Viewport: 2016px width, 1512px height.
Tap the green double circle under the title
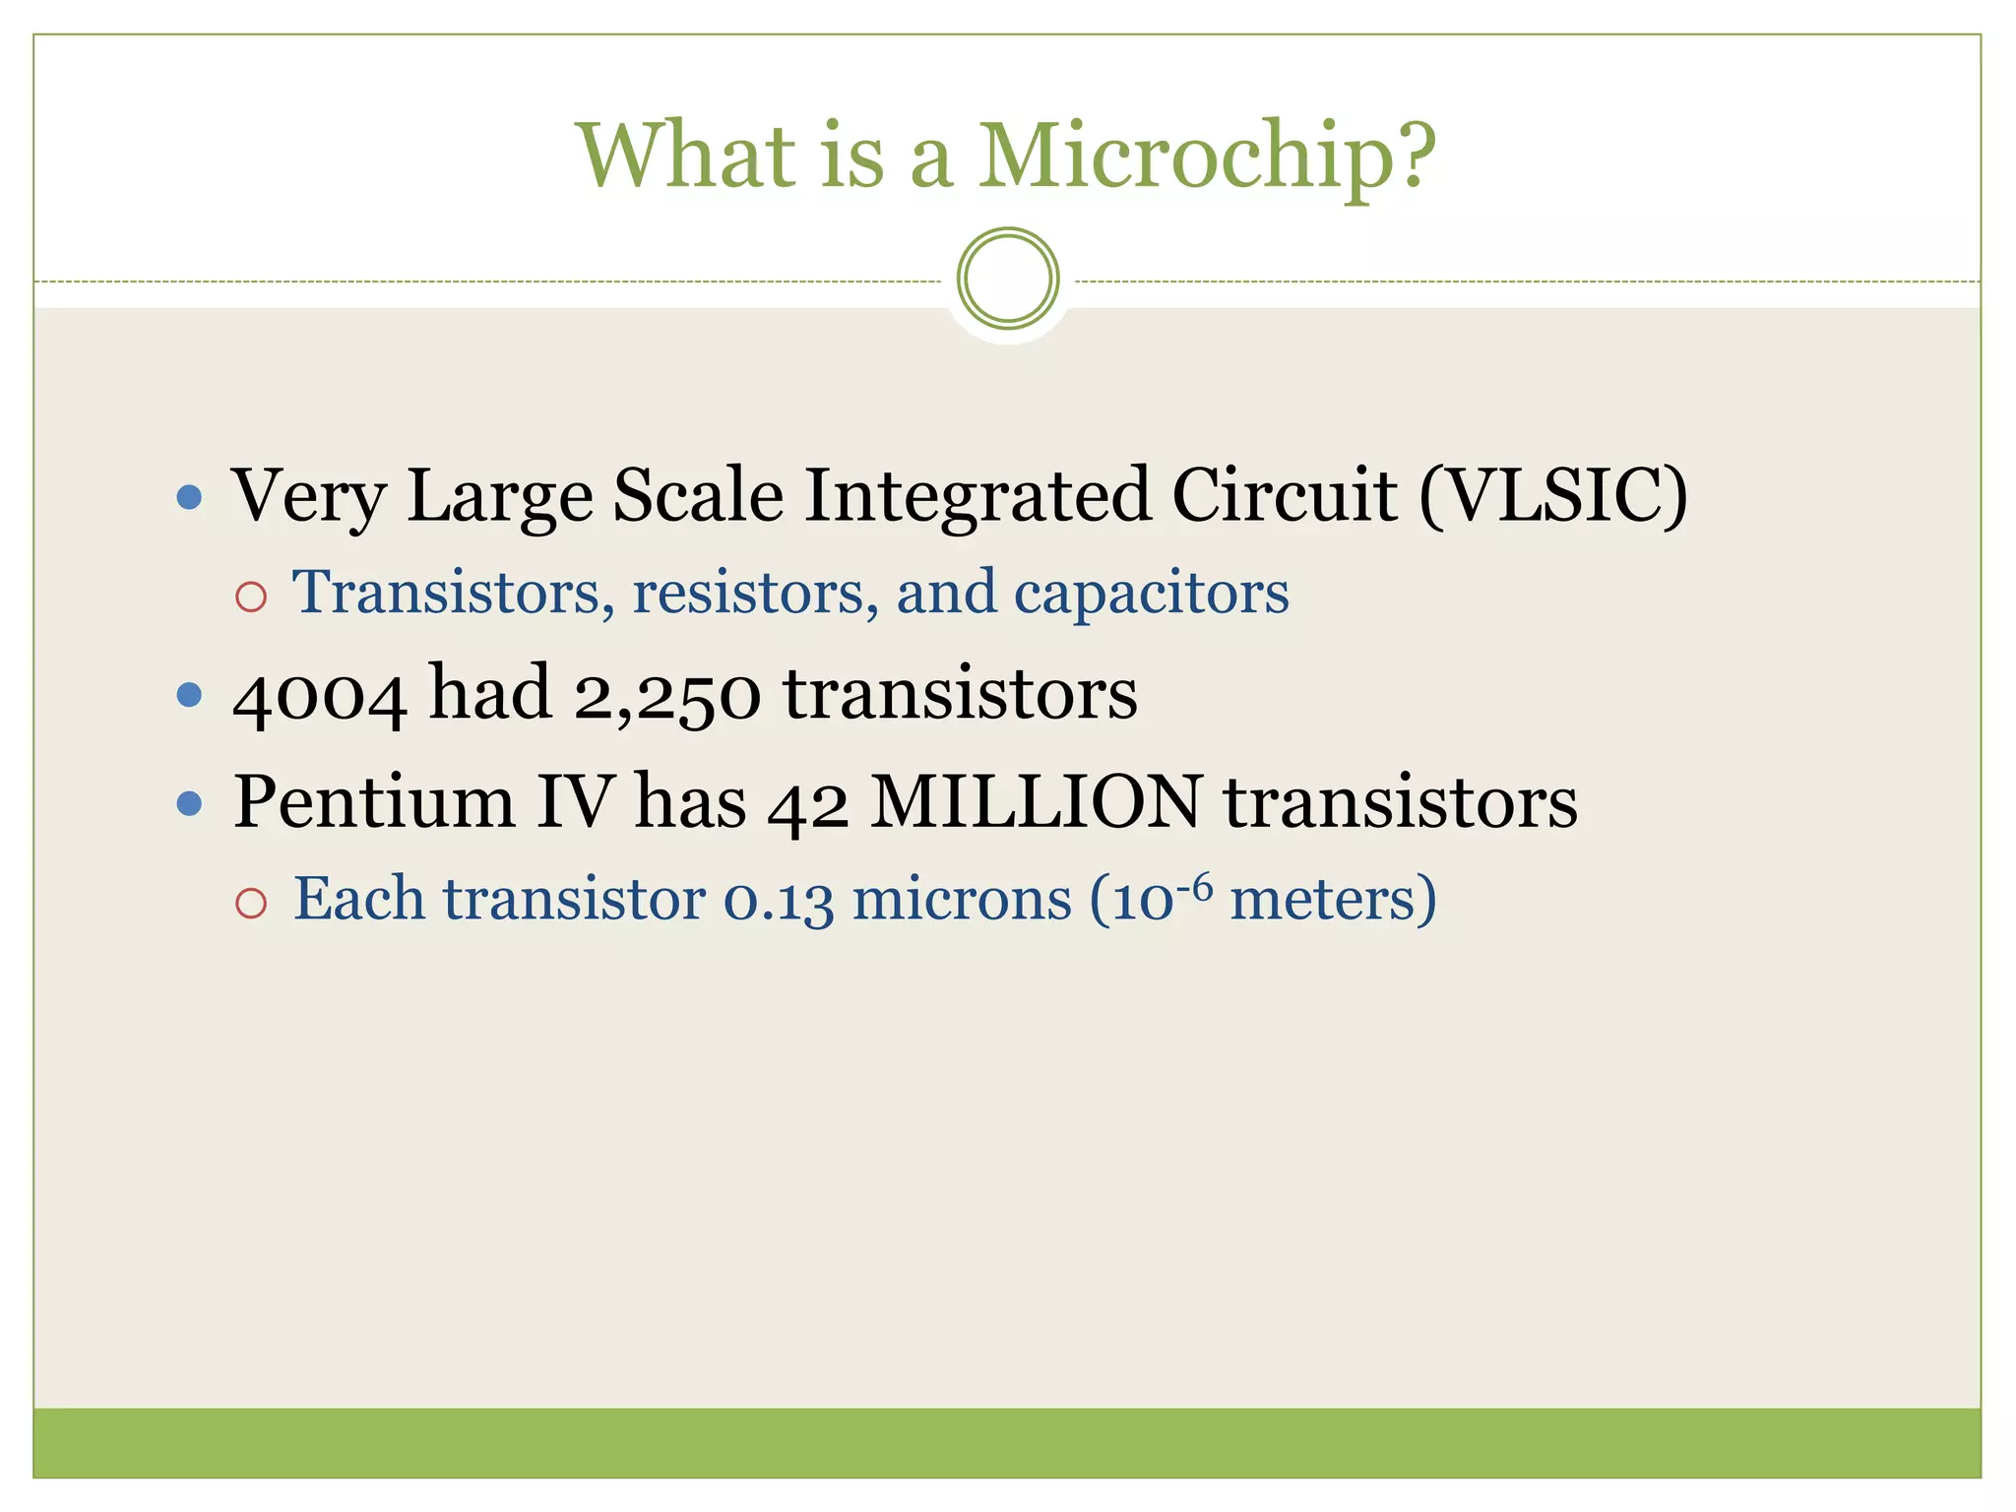click(1007, 279)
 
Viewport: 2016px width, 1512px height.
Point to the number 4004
click(319, 695)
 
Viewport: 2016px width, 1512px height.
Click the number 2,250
click(666, 695)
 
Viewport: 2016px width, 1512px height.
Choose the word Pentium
click(374, 802)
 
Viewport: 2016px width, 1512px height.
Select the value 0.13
click(778, 900)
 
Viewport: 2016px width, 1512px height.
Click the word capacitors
click(1151, 593)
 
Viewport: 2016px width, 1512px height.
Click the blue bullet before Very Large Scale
click(189, 496)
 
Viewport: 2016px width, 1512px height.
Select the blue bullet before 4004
click(189, 696)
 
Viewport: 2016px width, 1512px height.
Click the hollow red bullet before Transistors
click(251, 597)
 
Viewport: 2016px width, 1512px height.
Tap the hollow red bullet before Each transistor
click(251, 903)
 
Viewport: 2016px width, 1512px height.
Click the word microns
click(961, 900)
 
